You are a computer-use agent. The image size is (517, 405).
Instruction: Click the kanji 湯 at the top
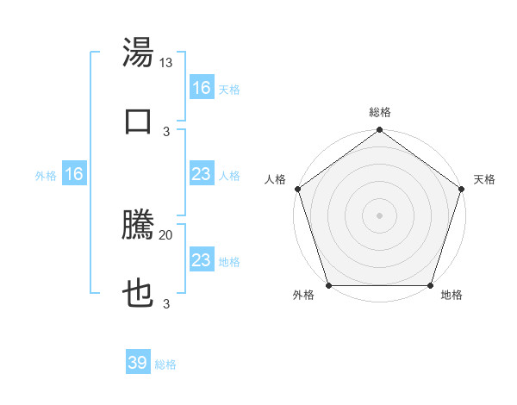(x=139, y=53)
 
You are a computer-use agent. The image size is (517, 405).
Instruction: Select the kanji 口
(x=139, y=120)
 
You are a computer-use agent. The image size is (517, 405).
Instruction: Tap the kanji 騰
(x=139, y=226)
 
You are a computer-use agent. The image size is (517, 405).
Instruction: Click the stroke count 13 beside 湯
(x=166, y=63)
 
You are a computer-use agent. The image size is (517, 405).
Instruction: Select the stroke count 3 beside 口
(x=166, y=130)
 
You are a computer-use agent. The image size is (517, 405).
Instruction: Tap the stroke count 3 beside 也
(x=166, y=303)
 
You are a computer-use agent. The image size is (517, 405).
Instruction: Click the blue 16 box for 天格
(x=202, y=88)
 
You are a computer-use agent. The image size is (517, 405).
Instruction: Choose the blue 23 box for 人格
(x=202, y=174)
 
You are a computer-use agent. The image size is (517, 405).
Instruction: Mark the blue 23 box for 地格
(x=202, y=260)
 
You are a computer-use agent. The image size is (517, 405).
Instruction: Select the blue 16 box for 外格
(x=74, y=174)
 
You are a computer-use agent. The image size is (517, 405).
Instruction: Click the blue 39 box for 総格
(x=138, y=363)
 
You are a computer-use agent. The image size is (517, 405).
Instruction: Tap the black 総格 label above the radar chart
(x=380, y=112)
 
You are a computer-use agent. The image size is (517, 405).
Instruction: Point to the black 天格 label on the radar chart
(x=484, y=179)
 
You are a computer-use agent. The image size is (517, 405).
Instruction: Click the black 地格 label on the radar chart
(x=452, y=295)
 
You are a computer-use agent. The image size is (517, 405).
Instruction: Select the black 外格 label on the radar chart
(x=303, y=295)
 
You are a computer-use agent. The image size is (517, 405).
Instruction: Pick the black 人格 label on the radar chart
(x=275, y=179)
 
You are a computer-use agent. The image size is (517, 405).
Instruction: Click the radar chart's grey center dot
(x=380, y=215)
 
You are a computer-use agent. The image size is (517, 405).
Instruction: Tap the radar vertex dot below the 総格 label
(x=380, y=131)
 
